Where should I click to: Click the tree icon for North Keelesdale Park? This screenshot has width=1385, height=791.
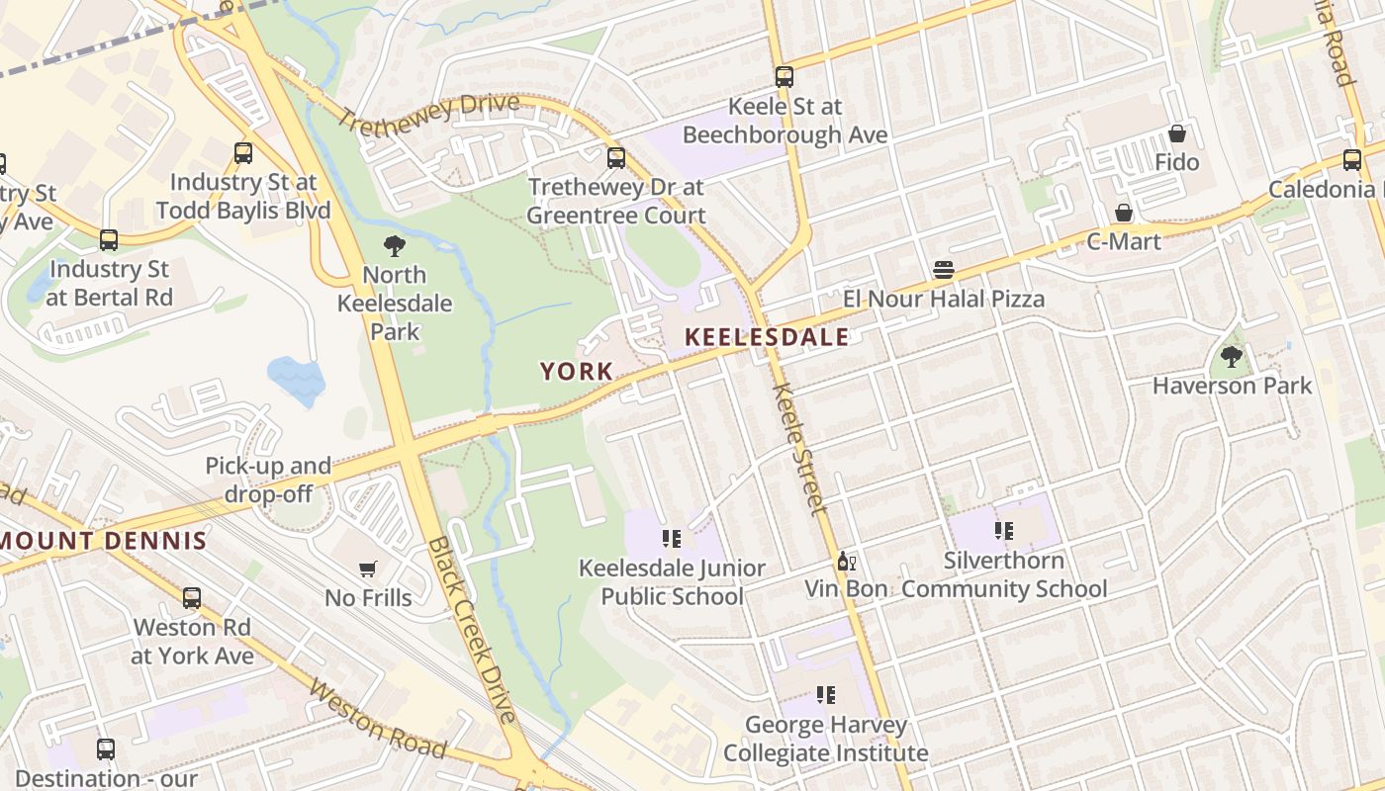395,245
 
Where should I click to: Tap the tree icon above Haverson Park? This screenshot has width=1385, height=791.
1232,356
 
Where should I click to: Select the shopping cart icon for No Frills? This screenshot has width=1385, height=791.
368,569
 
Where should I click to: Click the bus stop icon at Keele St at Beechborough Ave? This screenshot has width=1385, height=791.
785,76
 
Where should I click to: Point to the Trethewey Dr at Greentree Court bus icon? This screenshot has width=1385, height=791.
616,157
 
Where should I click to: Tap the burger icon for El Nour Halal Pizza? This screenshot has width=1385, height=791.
944,270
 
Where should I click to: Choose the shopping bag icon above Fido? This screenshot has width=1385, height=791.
1177,133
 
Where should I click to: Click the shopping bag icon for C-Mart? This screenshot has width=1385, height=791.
1124,213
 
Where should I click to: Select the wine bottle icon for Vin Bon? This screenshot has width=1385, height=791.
846,562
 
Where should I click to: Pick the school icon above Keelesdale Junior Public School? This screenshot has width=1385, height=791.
672,539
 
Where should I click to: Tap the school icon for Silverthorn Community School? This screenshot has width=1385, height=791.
1004,531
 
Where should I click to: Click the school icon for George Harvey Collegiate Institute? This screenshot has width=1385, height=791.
825,695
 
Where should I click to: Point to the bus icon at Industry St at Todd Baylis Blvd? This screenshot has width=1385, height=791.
243,153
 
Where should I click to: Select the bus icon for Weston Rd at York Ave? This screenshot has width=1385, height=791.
192,598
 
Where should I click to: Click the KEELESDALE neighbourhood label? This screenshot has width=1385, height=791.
767,337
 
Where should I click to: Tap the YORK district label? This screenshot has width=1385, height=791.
577,372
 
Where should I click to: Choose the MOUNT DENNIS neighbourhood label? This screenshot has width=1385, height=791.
104,541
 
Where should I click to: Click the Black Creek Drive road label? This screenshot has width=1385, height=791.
473,630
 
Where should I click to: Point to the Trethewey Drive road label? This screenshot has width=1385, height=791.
428,114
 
